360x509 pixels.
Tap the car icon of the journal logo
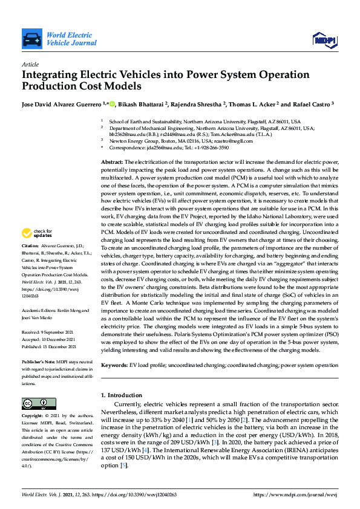tap(31, 40)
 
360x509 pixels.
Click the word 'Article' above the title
tap(30, 64)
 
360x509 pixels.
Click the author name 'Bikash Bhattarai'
tap(139, 103)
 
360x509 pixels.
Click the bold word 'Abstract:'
tap(111, 163)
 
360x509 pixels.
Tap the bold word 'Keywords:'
tap(114, 366)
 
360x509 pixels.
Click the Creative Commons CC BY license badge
tap(35, 403)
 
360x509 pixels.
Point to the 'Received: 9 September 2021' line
tap(51, 332)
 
